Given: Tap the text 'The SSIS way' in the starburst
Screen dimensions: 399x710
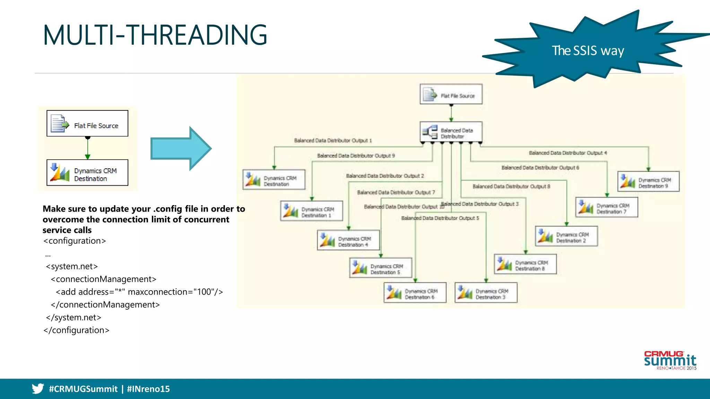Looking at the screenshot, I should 588,51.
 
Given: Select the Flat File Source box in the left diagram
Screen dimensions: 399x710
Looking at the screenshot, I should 87,124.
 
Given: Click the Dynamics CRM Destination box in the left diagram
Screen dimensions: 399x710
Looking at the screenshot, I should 87,173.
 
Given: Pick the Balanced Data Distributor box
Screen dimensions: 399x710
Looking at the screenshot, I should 451,132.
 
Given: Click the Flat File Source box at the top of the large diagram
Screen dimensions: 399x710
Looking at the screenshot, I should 451,94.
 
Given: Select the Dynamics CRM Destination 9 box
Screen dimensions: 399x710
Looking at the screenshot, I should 648,181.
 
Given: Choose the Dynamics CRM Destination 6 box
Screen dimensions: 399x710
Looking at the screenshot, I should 415,293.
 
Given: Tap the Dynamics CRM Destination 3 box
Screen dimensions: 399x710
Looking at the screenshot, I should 486,293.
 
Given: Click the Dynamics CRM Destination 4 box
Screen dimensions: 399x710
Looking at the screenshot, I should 348,240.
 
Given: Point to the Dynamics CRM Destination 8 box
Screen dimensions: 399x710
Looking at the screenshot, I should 525,264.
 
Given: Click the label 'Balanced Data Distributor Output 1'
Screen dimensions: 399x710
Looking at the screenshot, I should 333,141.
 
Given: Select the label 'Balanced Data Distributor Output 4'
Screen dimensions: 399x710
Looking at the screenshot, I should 568,153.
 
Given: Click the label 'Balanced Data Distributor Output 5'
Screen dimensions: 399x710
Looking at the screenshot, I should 440,218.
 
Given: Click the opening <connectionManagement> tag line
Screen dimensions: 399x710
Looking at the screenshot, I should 103,279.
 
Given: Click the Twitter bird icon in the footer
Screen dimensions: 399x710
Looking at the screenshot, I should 38,389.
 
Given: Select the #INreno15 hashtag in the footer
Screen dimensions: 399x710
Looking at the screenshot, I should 148,389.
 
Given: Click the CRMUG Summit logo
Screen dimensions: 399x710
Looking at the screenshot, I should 670,360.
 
